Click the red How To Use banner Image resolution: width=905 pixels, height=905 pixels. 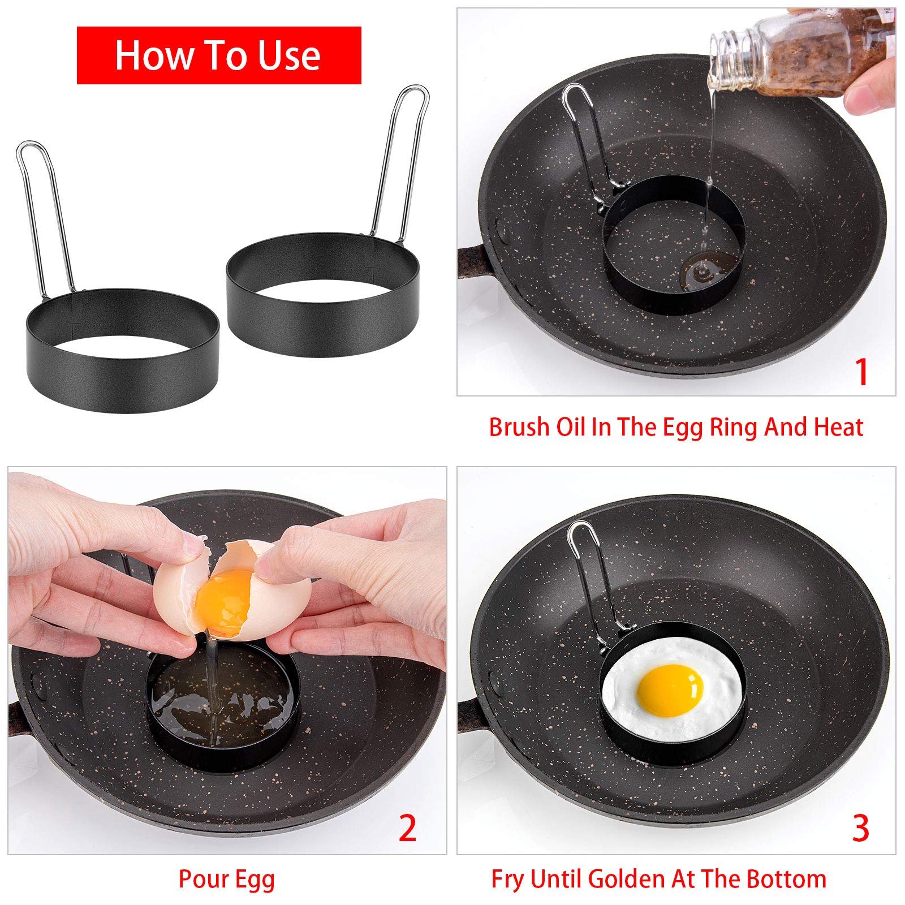pos(218,55)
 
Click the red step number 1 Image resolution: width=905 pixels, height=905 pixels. pos(861,372)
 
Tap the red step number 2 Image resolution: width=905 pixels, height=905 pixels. pos(407,829)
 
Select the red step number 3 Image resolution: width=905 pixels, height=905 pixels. pos(860,829)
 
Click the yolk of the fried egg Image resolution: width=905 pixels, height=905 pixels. pos(670,690)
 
